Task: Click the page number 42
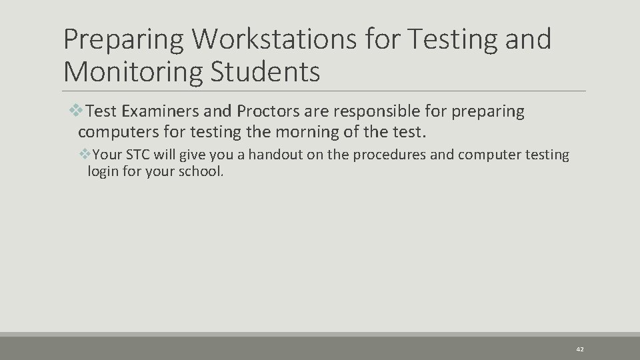[579, 349]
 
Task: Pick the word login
[101, 171]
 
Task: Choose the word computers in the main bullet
[117, 131]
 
